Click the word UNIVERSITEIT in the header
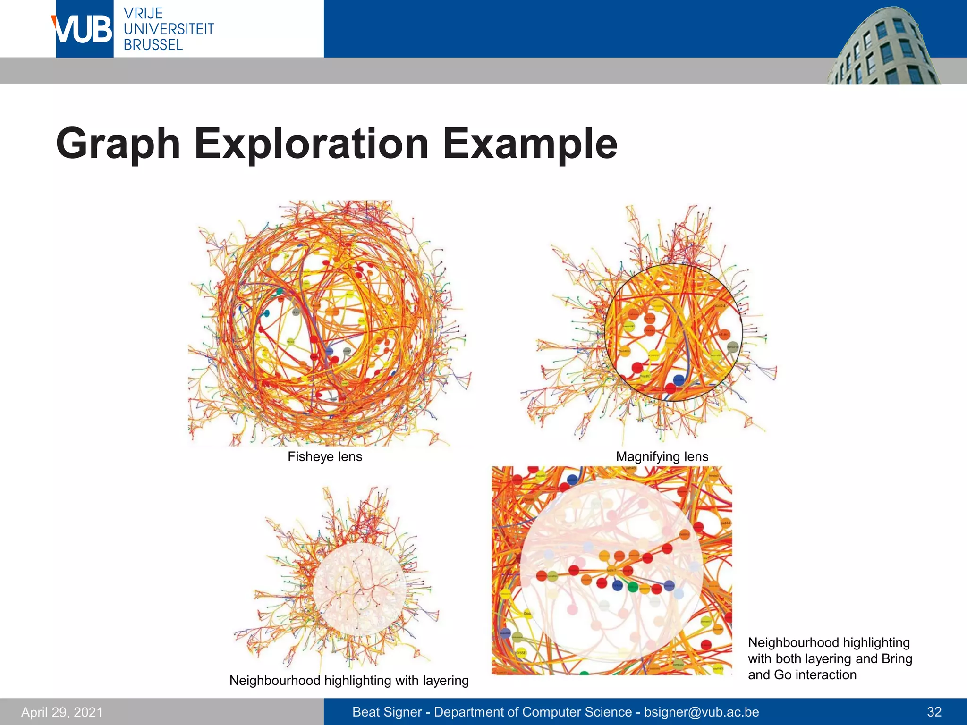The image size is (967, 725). [169, 29]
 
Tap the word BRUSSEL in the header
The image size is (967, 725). [153, 45]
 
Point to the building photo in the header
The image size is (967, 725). [883, 47]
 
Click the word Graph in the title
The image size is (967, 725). [118, 144]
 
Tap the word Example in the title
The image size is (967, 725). [530, 144]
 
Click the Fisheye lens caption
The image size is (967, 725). [325, 457]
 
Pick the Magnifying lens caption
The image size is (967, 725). [662, 457]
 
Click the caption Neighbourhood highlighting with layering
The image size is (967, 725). [349, 681]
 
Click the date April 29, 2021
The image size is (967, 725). [62, 712]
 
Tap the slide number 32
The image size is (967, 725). [934, 712]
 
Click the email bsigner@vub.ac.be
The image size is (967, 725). [702, 712]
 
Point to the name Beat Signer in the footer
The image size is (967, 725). [387, 712]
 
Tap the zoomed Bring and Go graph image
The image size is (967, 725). [611, 570]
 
